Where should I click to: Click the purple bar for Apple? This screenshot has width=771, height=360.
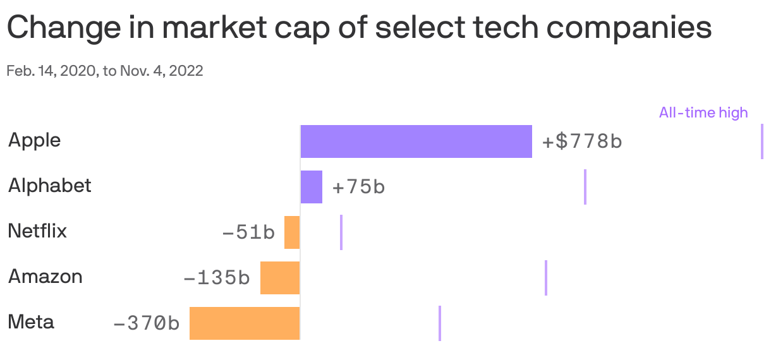(416, 141)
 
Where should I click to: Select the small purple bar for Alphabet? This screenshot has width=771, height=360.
(312, 187)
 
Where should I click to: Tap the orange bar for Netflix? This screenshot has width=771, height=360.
(292, 232)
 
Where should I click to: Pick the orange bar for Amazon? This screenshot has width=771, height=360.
(280, 278)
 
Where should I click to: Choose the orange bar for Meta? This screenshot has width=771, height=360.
(245, 323)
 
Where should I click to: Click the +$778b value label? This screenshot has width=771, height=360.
(582, 141)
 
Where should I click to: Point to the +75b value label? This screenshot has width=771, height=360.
(358, 188)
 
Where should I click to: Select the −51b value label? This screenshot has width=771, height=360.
(248, 233)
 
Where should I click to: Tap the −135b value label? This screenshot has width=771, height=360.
(217, 278)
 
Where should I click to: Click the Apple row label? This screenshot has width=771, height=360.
(35, 140)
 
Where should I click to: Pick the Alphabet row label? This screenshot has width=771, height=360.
(49, 186)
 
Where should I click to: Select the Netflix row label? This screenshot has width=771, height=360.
(37, 231)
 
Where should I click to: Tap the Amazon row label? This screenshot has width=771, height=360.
(45, 277)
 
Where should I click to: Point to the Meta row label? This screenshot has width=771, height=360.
(31, 322)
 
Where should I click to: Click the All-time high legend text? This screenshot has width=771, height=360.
(703, 113)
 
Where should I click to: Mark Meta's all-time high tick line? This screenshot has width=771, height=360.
(440, 323)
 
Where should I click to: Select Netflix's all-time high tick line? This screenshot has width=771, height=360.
(341, 232)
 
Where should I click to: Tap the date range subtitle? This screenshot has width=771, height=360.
(105, 71)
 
